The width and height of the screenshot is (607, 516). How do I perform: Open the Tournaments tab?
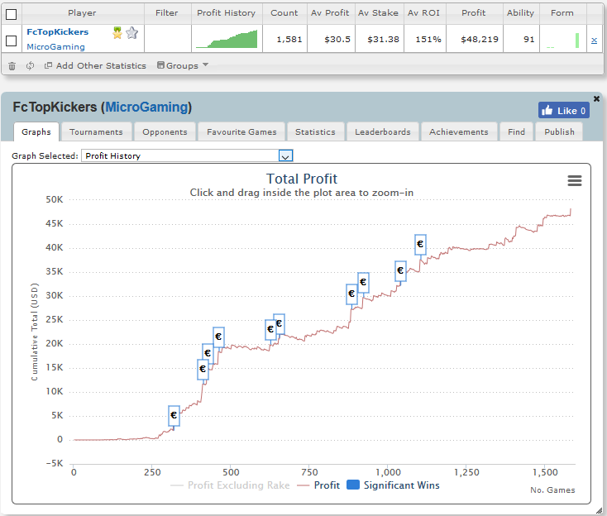[96, 132]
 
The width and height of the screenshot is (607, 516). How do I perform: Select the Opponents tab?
[165, 132]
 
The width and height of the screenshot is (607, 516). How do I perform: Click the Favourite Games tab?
[241, 132]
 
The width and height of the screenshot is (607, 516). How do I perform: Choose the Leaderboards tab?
[382, 132]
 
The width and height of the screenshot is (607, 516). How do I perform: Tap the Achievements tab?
[459, 132]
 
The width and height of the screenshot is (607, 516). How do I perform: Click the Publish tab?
[559, 132]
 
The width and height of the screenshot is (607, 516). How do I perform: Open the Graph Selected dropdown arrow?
[285, 156]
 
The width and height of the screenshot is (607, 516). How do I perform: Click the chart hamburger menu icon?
[575, 180]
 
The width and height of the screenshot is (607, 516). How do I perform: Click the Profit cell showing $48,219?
[480, 39]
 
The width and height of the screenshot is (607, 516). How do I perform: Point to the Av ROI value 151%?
[428, 39]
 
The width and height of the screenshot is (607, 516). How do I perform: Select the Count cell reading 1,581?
[289, 39]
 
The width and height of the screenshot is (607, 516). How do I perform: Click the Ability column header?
[520, 12]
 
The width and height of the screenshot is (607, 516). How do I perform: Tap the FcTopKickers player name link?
[57, 31]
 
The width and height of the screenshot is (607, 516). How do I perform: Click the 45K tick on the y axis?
[55, 223]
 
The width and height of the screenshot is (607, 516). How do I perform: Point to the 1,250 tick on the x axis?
[466, 472]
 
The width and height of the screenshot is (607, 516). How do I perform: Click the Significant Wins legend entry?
[394, 485]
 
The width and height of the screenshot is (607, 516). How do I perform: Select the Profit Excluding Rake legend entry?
[230, 485]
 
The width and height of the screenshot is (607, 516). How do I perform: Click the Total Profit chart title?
[302, 179]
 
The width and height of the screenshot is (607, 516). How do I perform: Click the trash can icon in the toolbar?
[12, 66]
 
